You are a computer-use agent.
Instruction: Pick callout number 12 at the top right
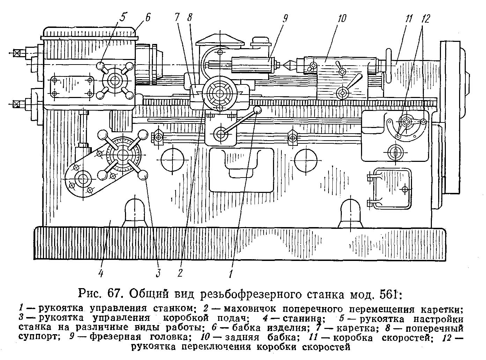425,18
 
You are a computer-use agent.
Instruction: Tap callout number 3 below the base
158,272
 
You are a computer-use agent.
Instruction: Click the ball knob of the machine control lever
258,110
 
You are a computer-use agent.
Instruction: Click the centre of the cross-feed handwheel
219,93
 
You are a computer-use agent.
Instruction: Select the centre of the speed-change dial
406,122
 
